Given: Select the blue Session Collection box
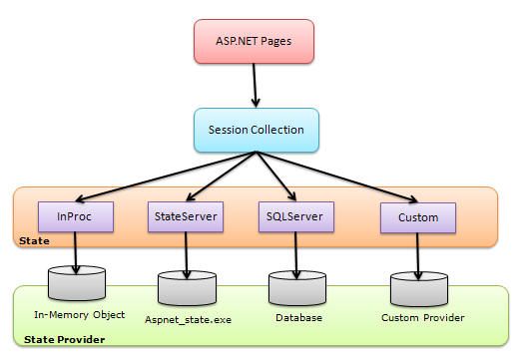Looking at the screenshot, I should click(x=256, y=130).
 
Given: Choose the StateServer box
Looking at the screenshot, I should click(x=183, y=214).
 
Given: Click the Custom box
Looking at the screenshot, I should click(x=417, y=214).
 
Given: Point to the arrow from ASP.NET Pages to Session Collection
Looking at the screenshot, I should click(x=256, y=89).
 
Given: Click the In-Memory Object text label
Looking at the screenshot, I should click(x=79, y=315).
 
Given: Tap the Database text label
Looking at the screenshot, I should click(x=298, y=318).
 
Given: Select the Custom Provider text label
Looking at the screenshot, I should click(x=423, y=318).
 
